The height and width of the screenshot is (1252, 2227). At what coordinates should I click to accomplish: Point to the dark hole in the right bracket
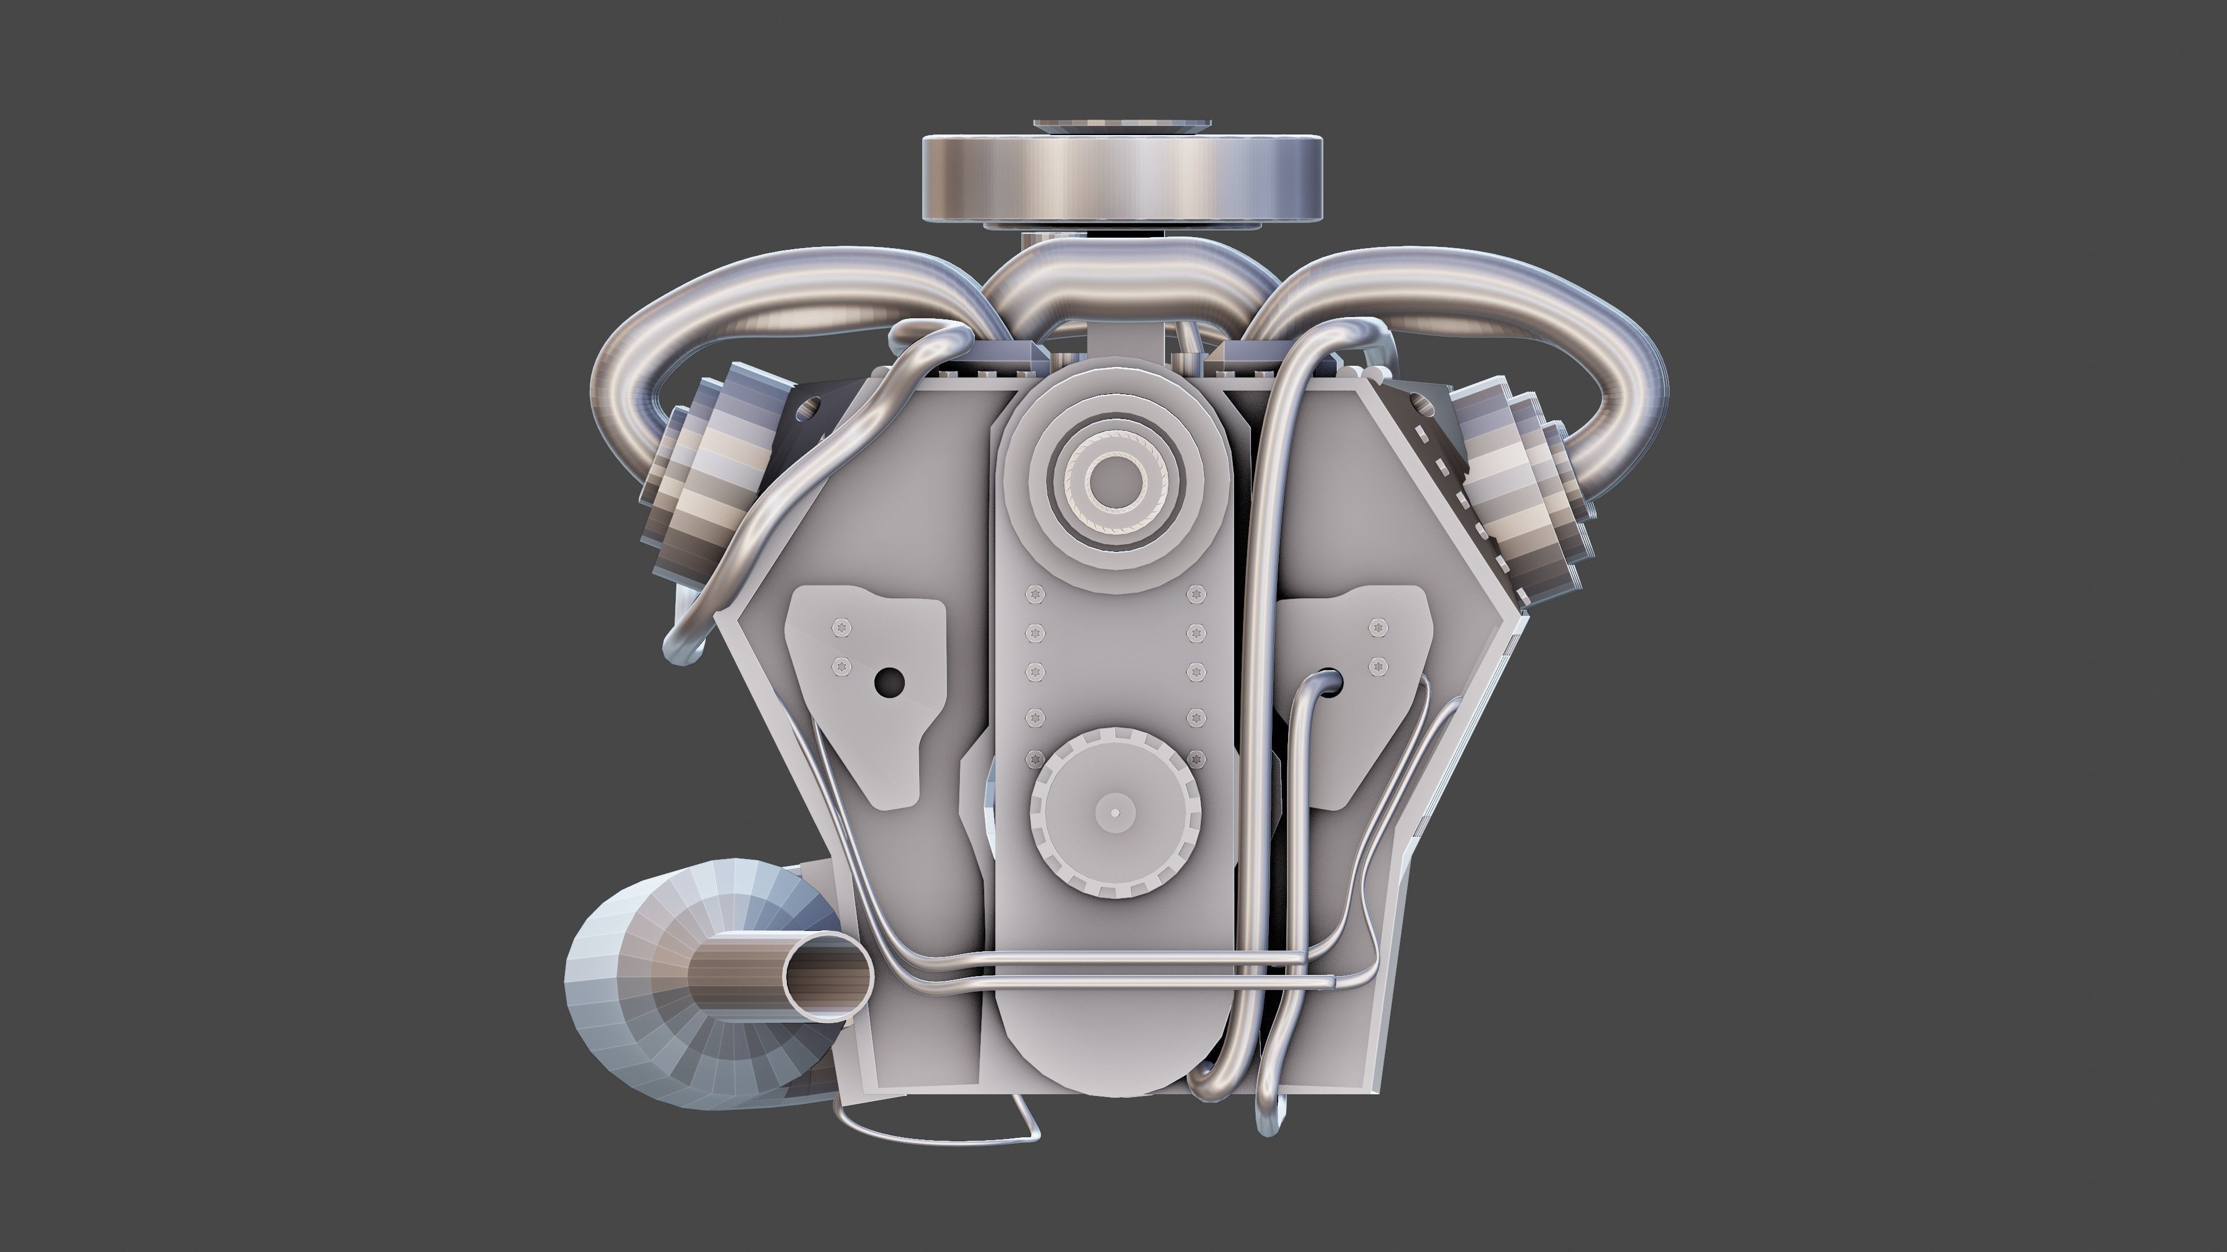click(1332, 683)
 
